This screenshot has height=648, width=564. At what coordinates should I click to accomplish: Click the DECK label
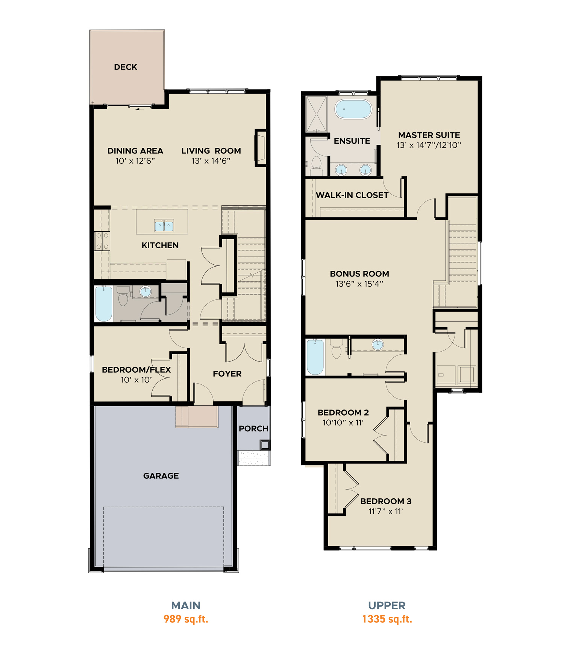(x=126, y=67)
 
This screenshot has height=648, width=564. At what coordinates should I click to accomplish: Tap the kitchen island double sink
(x=164, y=226)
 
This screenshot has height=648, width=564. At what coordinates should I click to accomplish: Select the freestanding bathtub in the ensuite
(x=353, y=109)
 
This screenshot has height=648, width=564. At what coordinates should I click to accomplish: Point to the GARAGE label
(x=161, y=476)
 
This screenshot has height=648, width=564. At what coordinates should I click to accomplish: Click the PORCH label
(x=253, y=429)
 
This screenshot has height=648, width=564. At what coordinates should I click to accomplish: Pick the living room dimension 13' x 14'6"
(x=211, y=161)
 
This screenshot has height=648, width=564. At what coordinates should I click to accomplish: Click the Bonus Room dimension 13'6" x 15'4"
(x=359, y=284)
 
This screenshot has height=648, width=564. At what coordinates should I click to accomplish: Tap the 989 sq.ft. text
(x=186, y=619)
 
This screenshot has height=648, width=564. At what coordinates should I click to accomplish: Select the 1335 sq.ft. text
(x=387, y=619)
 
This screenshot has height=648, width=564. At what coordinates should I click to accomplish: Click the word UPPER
(x=387, y=606)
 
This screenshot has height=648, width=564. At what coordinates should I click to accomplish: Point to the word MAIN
(x=186, y=606)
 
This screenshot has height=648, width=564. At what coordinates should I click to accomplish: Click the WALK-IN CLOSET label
(x=352, y=195)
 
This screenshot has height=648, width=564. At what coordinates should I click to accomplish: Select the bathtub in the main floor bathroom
(x=104, y=304)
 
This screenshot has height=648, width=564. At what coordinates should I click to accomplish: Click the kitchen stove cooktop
(x=102, y=241)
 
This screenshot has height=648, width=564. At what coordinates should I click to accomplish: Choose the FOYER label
(x=227, y=374)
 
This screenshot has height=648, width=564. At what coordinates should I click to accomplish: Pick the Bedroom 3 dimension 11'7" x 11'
(x=386, y=511)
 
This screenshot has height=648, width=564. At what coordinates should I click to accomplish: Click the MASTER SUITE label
(x=429, y=135)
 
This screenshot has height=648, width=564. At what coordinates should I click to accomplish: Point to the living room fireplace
(x=261, y=148)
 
